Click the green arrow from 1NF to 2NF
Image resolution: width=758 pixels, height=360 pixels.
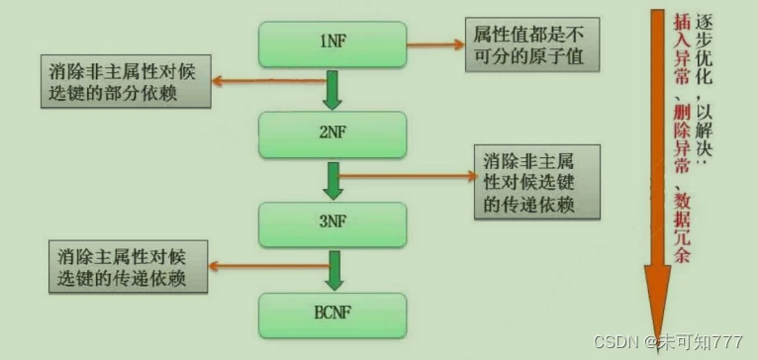coord(332,91)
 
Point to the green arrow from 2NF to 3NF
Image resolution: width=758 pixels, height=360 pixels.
coord(332,180)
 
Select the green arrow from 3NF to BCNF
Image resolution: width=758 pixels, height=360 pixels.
coord(333,268)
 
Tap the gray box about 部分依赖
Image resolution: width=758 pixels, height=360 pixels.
coord(127,81)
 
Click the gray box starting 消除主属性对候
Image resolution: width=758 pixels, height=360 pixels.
coord(127,266)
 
